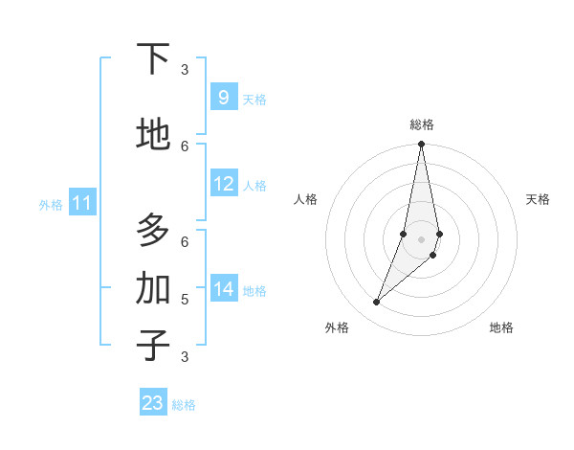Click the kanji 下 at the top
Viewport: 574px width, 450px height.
(x=153, y=59)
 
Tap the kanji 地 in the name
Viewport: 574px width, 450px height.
(x=153, y=135)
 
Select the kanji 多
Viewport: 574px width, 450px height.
(x=153, y=231)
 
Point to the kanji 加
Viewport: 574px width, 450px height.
(x=153, y=288)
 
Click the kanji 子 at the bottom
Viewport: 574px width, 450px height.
(x=153, y=346)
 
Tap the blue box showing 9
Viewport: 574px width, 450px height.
(x=223, y=98)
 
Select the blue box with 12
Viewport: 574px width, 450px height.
(x=224, y=184)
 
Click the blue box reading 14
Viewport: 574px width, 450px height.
(x=224, y=289)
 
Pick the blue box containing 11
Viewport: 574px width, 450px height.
(x=82, y=203)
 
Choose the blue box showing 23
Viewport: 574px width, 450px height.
(x=153, y=403)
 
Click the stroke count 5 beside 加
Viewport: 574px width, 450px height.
(x=185, y=299)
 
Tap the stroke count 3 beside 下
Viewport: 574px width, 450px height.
(x=185, y=69)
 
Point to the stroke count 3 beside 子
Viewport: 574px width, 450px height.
(x=185, y=356)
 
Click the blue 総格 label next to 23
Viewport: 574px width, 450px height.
(x=184, y=405)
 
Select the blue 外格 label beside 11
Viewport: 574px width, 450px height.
(x=50, y=205)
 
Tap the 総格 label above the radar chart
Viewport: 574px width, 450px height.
(x=421, y=124)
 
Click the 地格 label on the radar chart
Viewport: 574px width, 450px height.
(x=501, y=327)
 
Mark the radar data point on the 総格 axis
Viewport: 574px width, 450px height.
(x=421, y=145)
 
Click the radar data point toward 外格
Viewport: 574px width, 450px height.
(x=377, y=303)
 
